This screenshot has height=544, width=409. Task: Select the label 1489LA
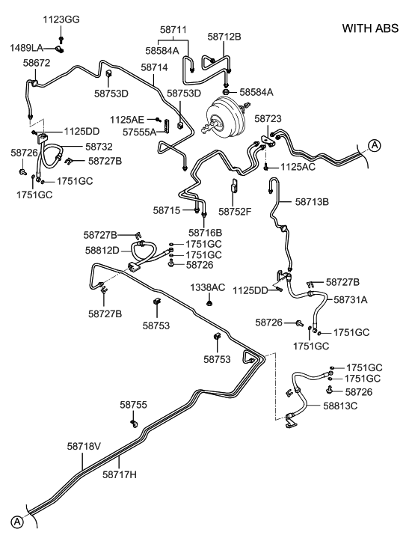[27, 48]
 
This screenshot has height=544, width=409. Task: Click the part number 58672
[36, 64]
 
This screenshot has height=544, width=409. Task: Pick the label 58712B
[225, 35]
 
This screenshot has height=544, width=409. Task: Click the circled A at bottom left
[16, 521]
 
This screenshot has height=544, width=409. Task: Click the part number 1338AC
[207, 287]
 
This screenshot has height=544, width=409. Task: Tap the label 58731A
[351, 299]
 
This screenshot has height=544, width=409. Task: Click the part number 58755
[134, 404]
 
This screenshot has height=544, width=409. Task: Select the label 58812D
[102, 250]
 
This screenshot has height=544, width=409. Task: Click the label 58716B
[206, 232]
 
